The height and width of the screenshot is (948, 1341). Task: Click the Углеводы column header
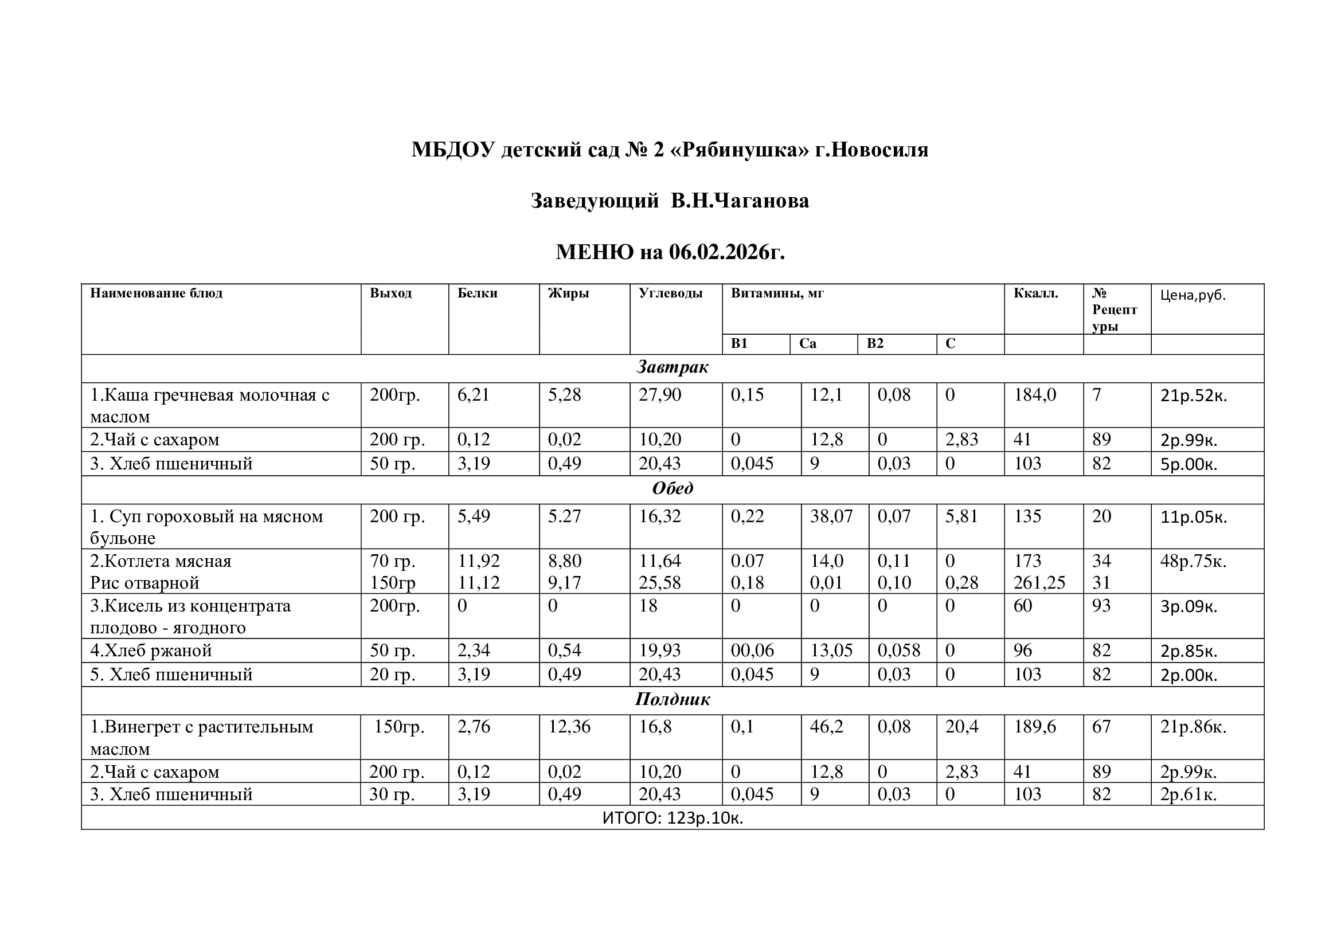click(x=671, y=293)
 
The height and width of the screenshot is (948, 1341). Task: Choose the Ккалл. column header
click(x=1035, y=293)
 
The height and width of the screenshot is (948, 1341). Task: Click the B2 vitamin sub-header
click(x=875, y=343)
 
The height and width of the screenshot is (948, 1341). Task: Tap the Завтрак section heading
click(x=673, y=367)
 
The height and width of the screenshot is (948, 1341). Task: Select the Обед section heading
click(x=673, y=488)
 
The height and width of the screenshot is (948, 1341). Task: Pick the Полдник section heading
click(x=673, y=699)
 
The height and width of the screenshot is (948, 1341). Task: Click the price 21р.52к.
click(x=1193, y=396)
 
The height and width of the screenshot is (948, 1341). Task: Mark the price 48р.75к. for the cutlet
click(x=1193, y=562)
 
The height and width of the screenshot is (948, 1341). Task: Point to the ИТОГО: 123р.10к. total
click(x=673, y=818)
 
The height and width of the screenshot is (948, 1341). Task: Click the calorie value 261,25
click(x=1039, y=582)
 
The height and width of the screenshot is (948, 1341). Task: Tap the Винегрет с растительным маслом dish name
click(x=201, y=737)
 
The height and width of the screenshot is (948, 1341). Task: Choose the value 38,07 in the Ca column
click(x=831, y=516)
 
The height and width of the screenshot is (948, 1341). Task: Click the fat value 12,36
click(x=569, y=727)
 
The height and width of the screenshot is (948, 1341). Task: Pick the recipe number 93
click(x=1101, y=606)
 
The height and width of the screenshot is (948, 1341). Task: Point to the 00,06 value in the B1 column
click(x=752, y=651)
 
